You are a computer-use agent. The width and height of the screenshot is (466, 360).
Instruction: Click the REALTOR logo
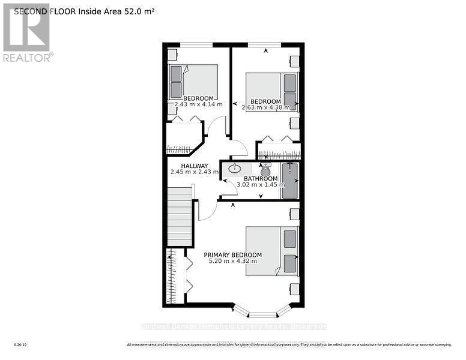pos(27,33)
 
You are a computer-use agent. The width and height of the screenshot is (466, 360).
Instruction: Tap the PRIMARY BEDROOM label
pos(232,254)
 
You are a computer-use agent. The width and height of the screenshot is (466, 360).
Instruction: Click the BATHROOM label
pos(260,179)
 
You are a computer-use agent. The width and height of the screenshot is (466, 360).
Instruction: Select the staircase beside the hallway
pos(180,216)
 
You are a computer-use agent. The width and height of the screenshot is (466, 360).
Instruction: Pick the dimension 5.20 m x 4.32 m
pos(232,261)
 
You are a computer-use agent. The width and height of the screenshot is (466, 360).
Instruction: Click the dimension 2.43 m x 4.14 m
pos(198,104)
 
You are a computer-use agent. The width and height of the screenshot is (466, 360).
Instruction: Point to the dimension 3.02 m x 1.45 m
pos(261,185)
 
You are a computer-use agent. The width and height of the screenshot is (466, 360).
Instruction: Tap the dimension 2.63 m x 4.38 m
pos(265,108)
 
